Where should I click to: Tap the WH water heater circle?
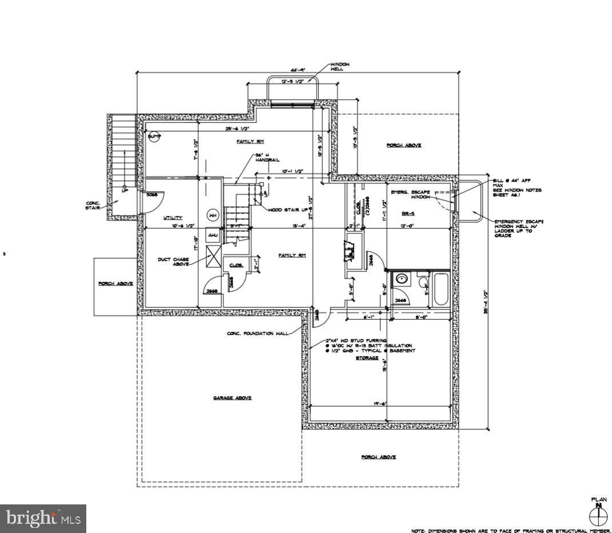click(x=213, y=216)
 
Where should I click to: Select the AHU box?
click(x=213, y=235)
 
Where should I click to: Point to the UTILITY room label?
click(x=173, y=217)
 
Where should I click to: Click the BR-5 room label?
click(x=407, y=213)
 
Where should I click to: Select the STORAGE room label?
click(x=367, y=358)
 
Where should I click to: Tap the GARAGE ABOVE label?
click(x=232, y=398)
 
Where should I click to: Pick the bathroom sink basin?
click(x=402, y=280)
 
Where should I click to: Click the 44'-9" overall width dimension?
click(x=297, y=69)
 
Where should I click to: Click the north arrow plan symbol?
click(x=598, y=516)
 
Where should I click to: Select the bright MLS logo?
click(x=43, y=518)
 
